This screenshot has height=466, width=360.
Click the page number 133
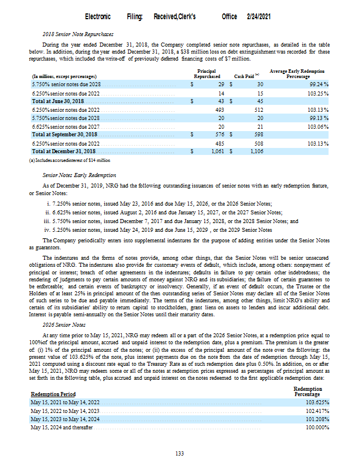pyautogui.click(x=180, y=453)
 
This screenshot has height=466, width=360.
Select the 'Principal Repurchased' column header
pyautogui.click(x=207, y=73)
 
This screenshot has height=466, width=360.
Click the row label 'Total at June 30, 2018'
pyautogui.click(x=58, y=101)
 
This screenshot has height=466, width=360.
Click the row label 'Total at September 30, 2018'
pyautogui.click(x=65, y=135)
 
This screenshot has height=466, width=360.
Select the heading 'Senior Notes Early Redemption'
pyautogui.click(x=80, y=175)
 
